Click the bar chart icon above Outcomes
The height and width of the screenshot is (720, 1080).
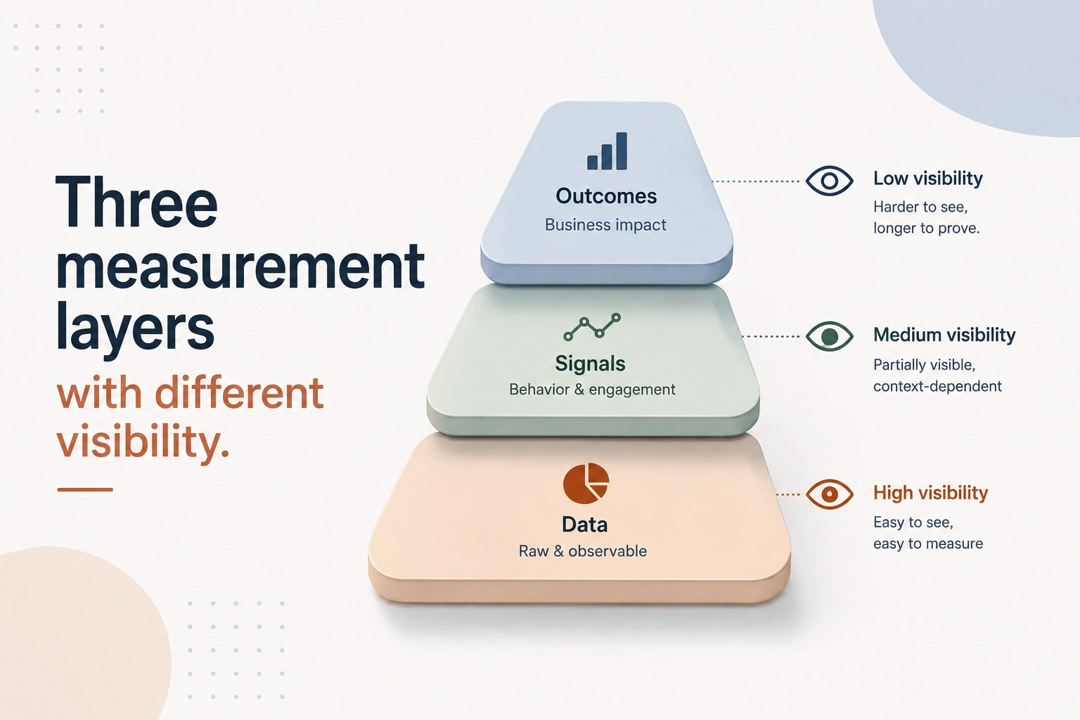(x=607, y=151)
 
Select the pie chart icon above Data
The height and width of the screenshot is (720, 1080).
(x=586, y=483)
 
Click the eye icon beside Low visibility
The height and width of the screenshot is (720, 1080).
(x=829, y=181)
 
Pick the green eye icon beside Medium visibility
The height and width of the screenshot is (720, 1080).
(x=829, y=336)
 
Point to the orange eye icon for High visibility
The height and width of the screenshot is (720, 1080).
(x=829, y=494)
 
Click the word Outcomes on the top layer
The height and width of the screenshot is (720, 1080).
(x=606, y=196)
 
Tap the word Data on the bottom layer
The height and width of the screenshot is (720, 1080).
(x=584, y=525)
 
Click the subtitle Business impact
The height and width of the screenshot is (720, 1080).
(x=605, y=225)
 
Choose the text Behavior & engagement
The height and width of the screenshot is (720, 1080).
(x=592, y=390)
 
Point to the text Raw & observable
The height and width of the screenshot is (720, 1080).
(x=582, y=551)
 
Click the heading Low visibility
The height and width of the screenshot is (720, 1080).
(x=928, y=179)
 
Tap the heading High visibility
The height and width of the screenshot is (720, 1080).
(x=930, y=493)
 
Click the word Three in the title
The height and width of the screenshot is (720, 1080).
(x=136, y=202)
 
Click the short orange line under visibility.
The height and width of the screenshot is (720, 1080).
(x=85, y=489)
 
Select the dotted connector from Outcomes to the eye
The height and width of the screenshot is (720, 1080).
(x=756, y=181)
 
